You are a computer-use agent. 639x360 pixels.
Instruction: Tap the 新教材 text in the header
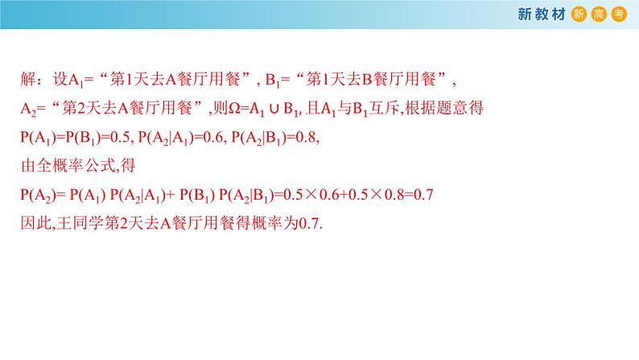click(x=541, y=14)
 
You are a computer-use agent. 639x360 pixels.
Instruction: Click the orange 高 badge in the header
click(x=599, y=14)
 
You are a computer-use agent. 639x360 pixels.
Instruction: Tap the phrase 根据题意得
click(x=436, y=108)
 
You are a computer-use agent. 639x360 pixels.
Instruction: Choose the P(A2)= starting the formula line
click(x=42, y=195)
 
